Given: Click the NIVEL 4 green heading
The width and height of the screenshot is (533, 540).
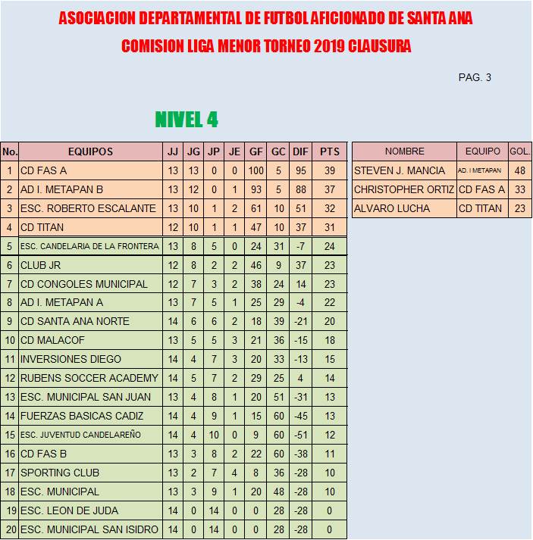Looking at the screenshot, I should (187, 120).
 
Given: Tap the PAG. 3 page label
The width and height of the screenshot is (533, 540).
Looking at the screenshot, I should (475, 77).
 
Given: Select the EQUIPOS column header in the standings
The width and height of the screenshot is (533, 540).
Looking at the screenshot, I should (90, 151).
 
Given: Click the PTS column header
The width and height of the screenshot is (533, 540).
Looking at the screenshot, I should (329, 151).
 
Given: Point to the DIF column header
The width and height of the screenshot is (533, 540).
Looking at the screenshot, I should (300, 151).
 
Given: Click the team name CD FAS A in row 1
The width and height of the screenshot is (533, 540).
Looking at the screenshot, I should (43, 170).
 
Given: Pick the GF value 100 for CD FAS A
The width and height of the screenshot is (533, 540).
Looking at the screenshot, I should (256, 170).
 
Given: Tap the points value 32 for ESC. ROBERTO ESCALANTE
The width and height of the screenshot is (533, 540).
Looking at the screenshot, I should (329, 208).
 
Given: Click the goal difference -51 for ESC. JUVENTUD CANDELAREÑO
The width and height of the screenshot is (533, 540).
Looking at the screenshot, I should (300, 435).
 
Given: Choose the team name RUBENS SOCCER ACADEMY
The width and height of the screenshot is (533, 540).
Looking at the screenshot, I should (89, 378).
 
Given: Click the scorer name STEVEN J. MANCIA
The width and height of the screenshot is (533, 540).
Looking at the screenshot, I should (400, 170).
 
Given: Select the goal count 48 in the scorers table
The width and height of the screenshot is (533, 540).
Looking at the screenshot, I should (519, 170).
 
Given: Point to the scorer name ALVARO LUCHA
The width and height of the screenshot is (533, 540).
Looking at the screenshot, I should (392, 208).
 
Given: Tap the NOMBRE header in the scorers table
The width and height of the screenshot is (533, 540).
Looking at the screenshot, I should (404, 151).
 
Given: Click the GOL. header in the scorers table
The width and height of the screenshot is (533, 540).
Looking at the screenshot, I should (519, 151).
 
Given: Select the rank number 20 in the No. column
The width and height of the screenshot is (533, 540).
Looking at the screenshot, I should (10, 529).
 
